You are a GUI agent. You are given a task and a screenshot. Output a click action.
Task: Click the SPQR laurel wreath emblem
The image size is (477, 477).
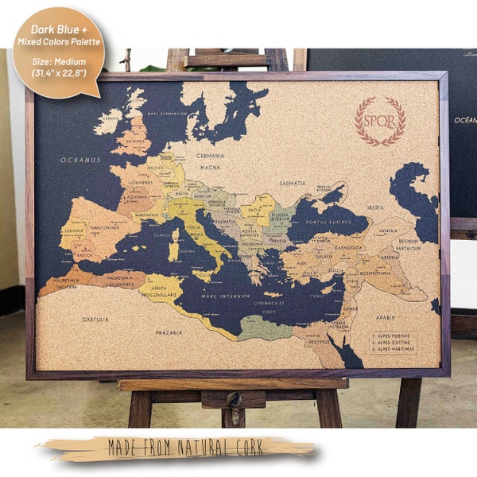coord(380,121)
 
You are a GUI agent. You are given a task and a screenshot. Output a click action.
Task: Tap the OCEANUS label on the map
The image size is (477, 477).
coord(81,160)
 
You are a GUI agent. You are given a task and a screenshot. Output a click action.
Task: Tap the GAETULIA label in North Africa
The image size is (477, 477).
coord(95,319)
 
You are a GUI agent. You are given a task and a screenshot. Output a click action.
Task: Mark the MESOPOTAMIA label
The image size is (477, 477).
coord(373,273)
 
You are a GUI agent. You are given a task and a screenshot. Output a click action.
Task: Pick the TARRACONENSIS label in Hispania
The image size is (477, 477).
coord(102,227)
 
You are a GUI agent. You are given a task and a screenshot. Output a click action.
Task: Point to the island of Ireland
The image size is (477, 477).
coord(108,121)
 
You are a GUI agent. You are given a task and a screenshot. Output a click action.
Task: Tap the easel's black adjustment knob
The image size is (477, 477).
coord(234,398)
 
